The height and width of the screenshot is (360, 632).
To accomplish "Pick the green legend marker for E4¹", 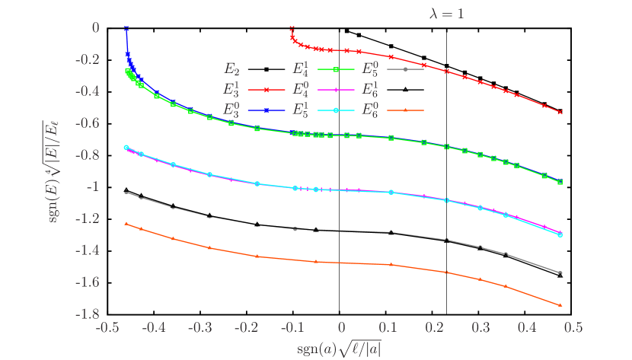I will point(335,69).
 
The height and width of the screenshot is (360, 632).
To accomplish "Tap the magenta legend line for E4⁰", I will point(335,89).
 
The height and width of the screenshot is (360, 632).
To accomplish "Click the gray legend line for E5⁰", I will point(405,69).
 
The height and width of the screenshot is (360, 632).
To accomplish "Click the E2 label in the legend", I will point(231,69).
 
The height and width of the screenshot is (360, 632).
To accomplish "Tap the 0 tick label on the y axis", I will point(95,27).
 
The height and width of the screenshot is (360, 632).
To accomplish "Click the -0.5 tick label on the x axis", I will point(108,327).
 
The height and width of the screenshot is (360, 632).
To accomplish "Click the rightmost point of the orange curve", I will point(560,305).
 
